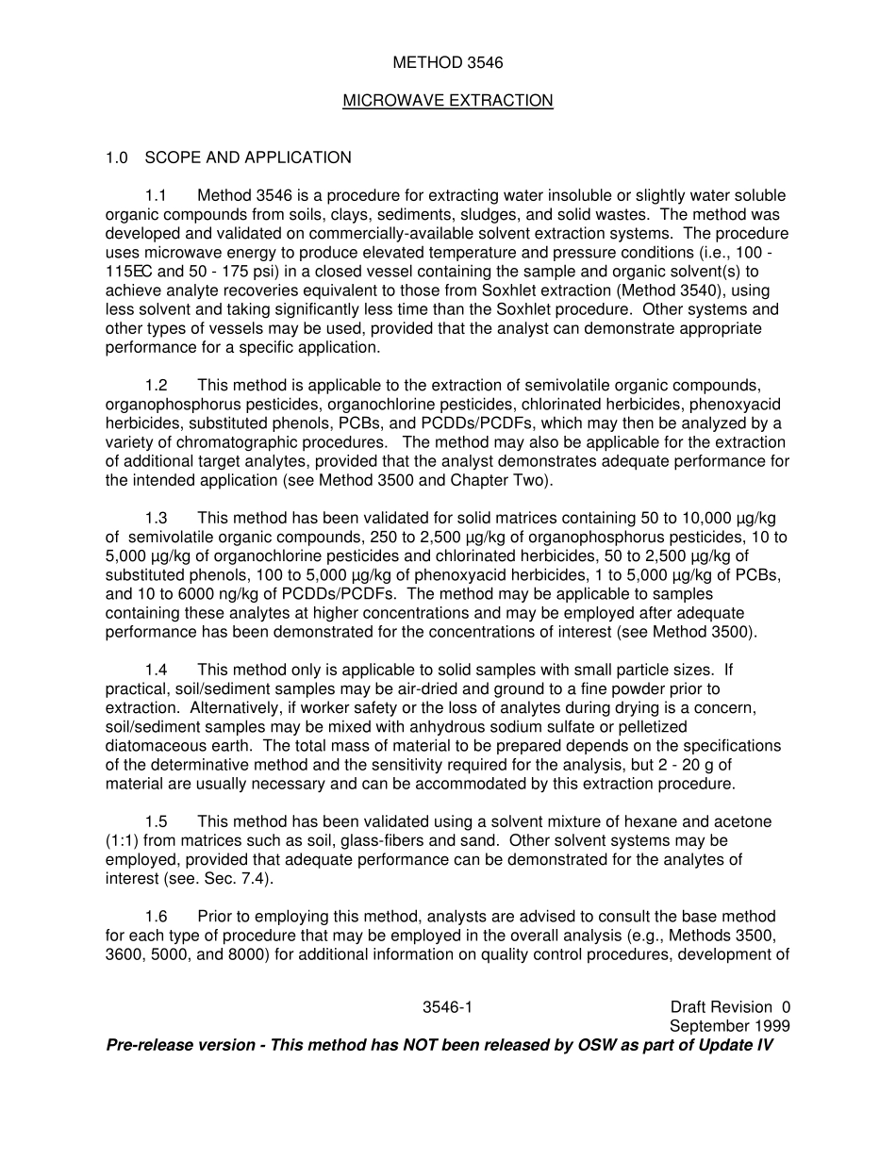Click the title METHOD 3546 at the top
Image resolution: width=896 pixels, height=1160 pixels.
[x=447, y=63]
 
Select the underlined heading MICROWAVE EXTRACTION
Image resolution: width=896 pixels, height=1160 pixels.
[x=447, y=101]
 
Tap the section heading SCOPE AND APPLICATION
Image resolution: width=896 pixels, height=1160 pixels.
[x=248, y=157]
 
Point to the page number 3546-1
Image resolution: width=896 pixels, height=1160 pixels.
[x=447, y=1007]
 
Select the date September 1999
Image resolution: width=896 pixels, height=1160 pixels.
[x=729, y=1026]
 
